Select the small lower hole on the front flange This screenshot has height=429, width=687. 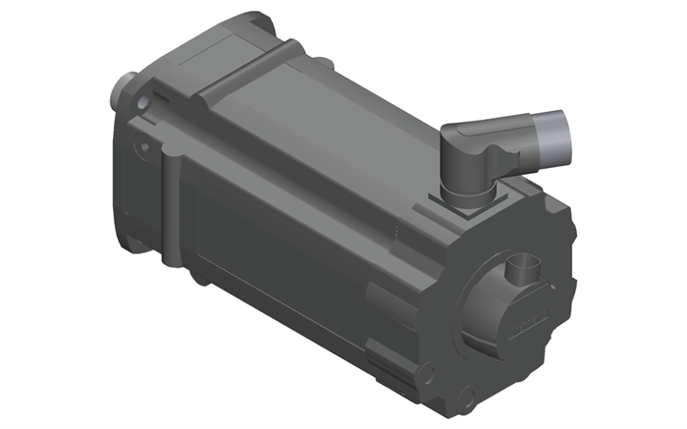(x=144, y=147)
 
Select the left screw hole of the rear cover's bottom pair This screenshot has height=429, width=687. (x=428, y=372)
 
